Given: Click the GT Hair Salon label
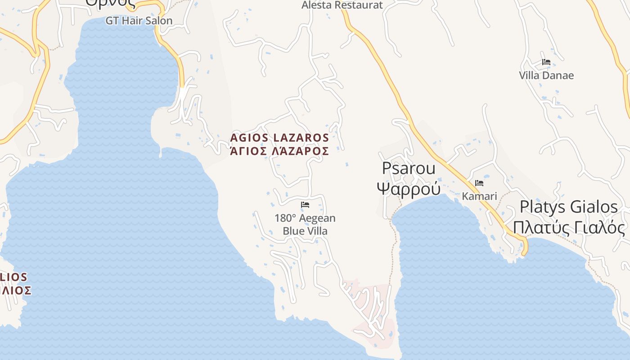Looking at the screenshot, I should pos(139,21).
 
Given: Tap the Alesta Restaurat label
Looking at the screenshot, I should pos(342,5).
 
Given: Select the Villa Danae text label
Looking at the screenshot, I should pos(546,75).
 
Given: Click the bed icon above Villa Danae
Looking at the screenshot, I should pos(546,62).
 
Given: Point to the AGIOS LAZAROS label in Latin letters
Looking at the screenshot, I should pos(279,137).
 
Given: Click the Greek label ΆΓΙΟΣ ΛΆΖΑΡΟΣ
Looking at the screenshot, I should pos(279,151).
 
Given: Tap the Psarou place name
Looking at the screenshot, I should pos(409,168).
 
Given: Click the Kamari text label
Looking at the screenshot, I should pos(479,196).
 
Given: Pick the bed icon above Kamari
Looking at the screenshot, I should pos(479,183).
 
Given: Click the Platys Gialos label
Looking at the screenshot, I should pos(569,207).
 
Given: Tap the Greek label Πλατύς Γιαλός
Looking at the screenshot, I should pos(569,228).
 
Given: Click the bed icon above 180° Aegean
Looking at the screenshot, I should pos(305,205).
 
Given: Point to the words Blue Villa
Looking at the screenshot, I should pos(305,231).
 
